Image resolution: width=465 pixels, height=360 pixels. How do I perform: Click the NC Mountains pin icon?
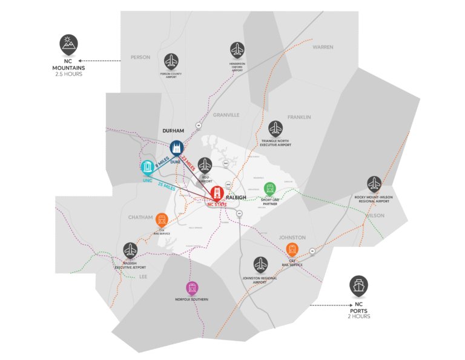coord(68,44)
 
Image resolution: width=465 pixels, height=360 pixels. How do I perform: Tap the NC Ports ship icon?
coord(358,285)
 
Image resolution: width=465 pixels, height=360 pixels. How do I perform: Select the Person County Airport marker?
coord(172,61)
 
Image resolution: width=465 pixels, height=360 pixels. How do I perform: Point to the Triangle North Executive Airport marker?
coord(275,128)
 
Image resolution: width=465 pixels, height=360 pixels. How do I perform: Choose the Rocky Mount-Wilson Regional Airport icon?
coord(374,183)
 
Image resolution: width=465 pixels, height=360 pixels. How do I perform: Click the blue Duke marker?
coord(176,148)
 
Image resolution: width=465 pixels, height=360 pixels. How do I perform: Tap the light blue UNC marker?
coord(147,167)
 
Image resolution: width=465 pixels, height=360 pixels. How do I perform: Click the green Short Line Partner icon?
coord(269,188)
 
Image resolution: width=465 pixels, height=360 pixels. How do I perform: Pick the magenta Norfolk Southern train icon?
coord(193,288)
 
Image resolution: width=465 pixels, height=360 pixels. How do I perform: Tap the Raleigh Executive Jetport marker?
coord(130,249)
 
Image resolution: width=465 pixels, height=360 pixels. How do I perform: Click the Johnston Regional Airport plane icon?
coord(261,264)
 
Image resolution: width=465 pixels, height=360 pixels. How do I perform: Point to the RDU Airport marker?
coord(205,164)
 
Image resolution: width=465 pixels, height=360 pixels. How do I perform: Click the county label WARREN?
coord(323,47)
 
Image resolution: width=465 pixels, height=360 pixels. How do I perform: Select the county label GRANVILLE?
coord(226,115)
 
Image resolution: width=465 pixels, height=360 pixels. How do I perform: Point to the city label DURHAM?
coord(173,131)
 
